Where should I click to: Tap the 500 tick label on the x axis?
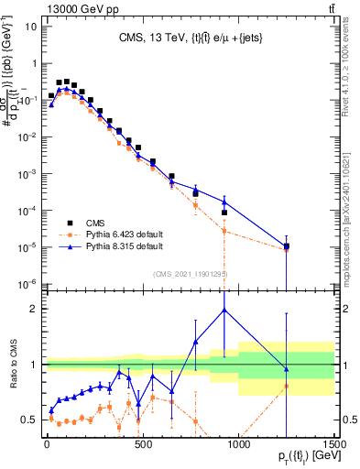(x=143, y=443)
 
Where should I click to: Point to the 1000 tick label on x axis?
(x=238, y=443)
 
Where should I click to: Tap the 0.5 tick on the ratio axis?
(x=32, y=420)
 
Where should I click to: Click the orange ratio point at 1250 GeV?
(x=287, y=386)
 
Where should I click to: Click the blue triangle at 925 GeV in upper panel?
(x=224, y=201)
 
